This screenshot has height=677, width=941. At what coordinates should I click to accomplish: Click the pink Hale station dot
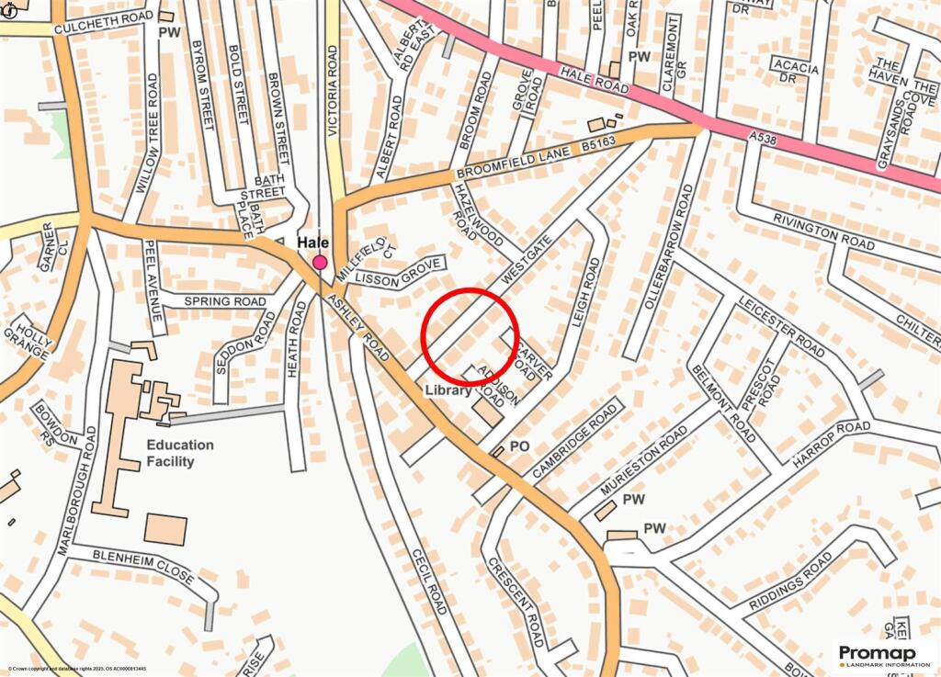pyautogui.click(x=320, y=263)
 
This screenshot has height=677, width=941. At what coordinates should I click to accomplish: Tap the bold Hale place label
pyautogui.click(x=312, y=243)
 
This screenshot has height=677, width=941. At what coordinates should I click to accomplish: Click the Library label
pyautogui.click(x=448, y=390)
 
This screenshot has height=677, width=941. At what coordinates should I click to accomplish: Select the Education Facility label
pyautogui.click(x=180, y=453)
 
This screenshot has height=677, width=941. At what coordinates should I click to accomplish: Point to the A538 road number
pyautogui.click(x=762, y=136)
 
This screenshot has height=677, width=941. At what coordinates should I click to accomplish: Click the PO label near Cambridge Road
pyautogui.click(x=519, y=446)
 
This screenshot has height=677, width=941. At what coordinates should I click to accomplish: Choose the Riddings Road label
pyautogui.click(x=789, y=581)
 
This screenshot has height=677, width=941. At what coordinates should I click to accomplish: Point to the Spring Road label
pyautogui.click(x=224, y=301)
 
